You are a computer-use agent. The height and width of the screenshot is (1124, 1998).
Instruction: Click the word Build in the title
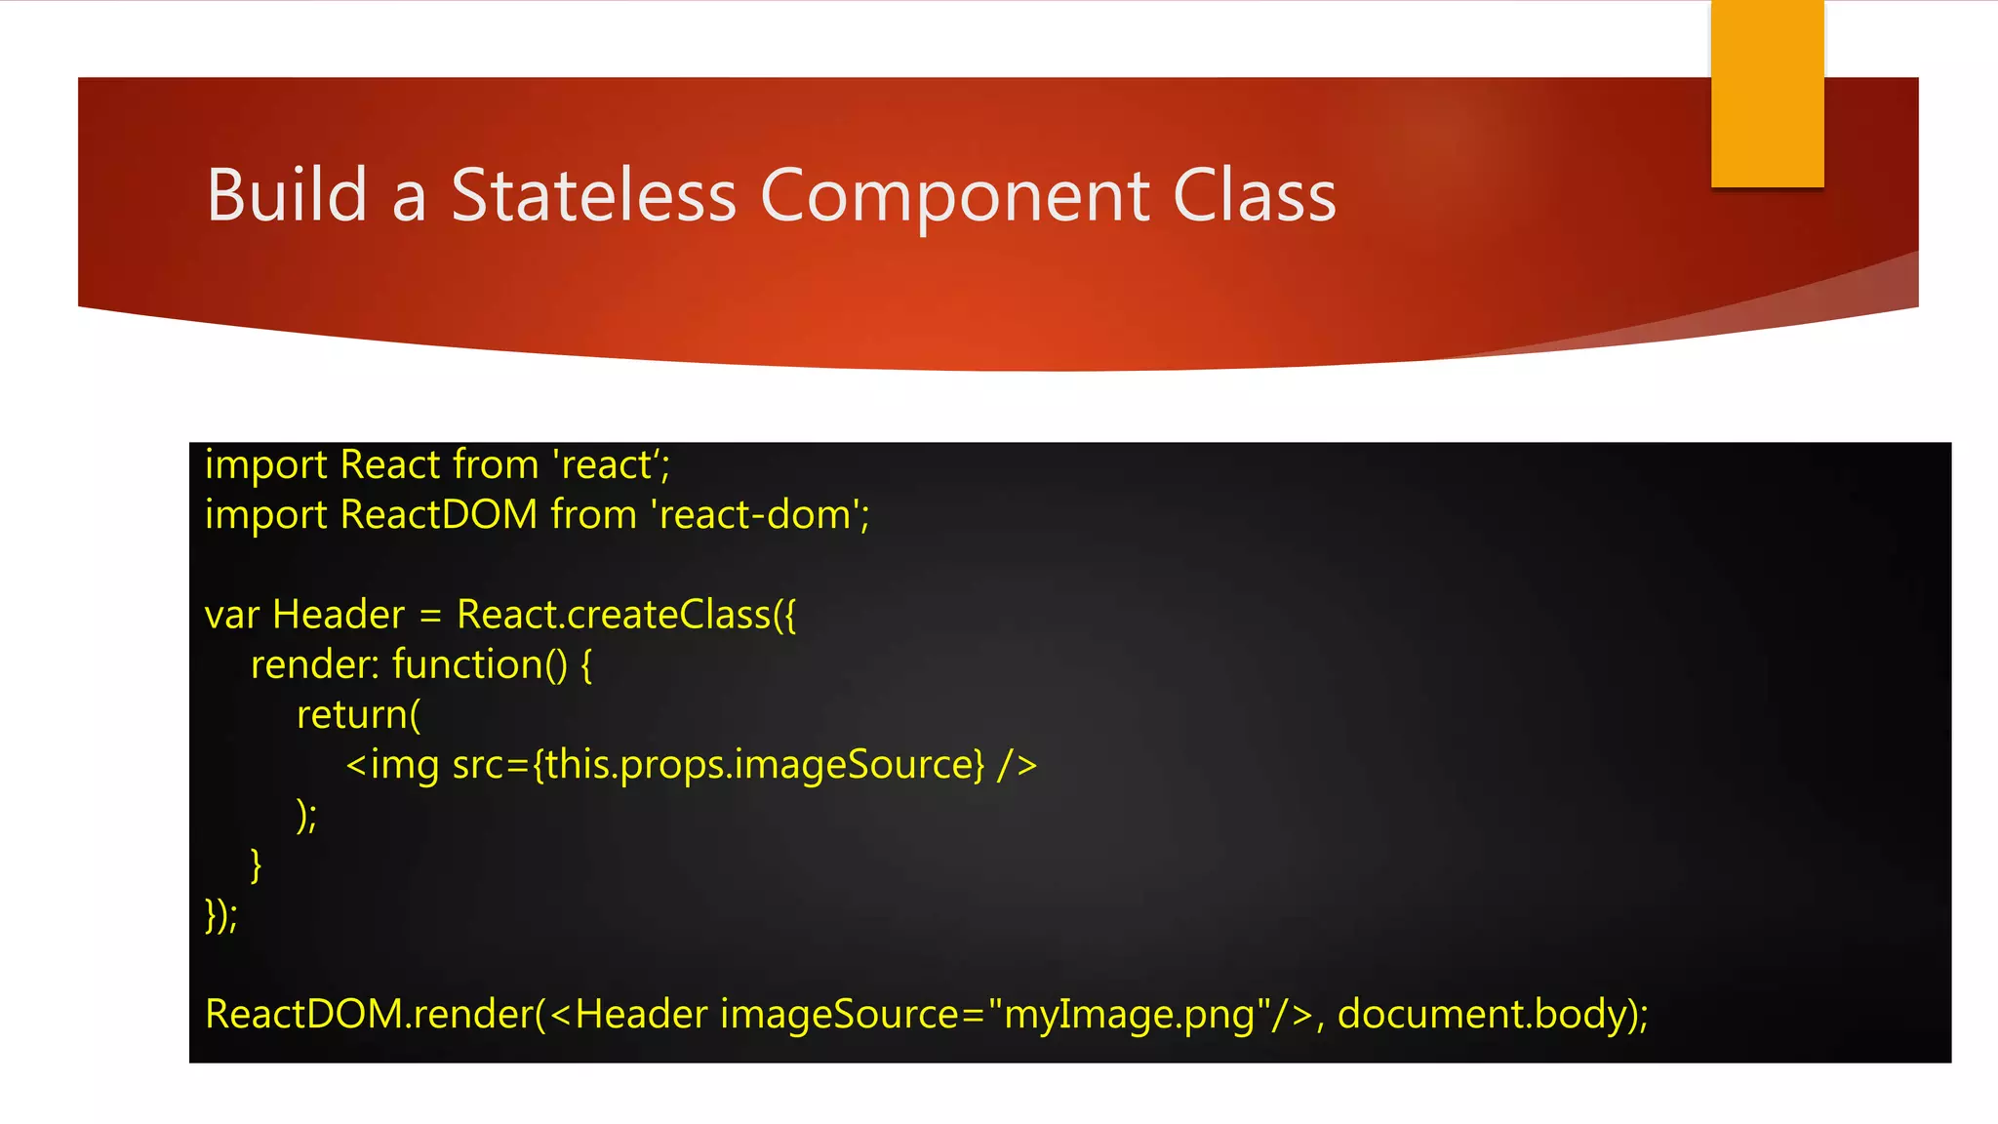[287, 195]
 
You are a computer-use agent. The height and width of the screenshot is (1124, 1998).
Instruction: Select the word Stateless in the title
[593, 195]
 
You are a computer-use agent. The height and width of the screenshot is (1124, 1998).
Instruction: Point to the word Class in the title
[1255, 195]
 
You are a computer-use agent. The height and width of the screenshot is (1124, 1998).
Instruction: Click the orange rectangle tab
[1767, 94]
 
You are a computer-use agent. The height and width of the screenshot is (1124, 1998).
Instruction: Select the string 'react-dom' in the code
[758, 515]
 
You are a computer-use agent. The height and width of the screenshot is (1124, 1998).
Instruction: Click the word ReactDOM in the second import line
[439, 515]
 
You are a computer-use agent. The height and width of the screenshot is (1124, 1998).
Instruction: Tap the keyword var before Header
[232, 615]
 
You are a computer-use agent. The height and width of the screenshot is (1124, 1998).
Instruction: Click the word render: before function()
[314, 664]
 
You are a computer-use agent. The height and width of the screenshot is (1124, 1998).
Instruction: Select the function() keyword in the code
[479, 664]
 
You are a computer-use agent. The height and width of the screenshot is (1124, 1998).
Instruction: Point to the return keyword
[352, 715]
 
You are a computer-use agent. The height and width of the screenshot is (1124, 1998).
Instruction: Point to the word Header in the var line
[339, 615]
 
